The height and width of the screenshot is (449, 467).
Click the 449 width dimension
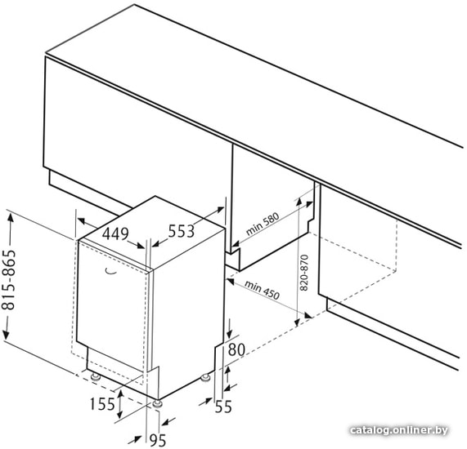(115, 233)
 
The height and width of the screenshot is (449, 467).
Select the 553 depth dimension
(182, 231)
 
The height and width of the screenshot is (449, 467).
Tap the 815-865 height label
(9, 280)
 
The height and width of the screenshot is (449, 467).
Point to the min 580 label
(263, 224)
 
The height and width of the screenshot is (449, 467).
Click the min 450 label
(262, 290)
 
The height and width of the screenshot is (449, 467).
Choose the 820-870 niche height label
(303, 273)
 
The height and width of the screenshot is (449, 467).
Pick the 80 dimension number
(236, 349)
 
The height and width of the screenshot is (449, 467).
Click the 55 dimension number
(223, 407)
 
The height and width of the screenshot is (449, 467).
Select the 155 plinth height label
(102, 404)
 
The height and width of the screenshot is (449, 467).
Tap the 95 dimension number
(158, 440)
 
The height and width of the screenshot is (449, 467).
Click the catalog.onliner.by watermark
(399, 430)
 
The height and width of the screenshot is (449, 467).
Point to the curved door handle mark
(111, 271)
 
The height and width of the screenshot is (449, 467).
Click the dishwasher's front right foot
(157, 403)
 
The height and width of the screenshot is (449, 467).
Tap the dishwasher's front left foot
(96, 376)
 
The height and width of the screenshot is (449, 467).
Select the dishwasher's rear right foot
(205, 377)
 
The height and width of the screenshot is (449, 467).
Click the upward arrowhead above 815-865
(11, 218)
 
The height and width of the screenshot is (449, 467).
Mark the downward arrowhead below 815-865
(6, 334)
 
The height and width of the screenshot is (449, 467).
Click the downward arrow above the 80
(229, 328)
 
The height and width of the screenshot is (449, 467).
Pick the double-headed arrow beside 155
(120, 404)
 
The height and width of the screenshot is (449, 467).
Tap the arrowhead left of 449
(82, 221)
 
